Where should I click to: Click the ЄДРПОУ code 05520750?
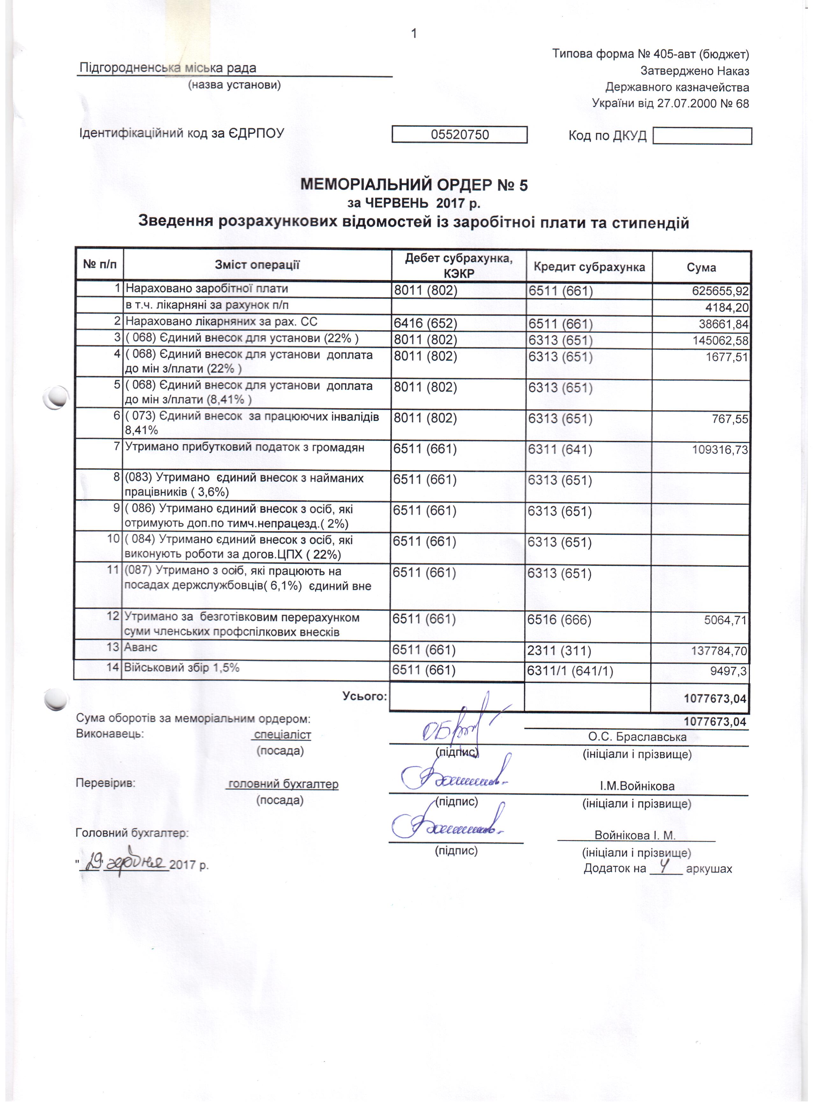[x=459, y=135]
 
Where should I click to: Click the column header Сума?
[x=701, y=267]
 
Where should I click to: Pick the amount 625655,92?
[x=720, y=291]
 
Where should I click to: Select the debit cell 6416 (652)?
[x=426, y=323]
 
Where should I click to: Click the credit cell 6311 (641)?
[x=560, y=450]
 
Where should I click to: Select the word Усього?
[x=365, y=696]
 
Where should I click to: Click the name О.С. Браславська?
[x=637, y=737]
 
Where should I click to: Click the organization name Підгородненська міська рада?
[x=168, y=68]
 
